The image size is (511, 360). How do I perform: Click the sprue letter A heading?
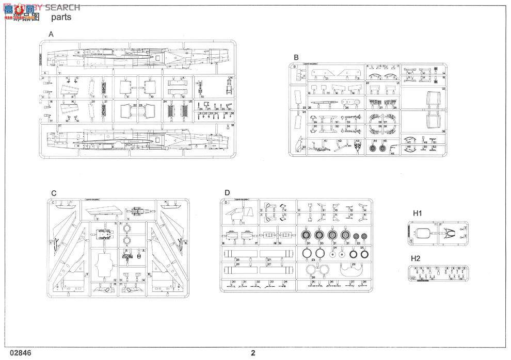point(51,34)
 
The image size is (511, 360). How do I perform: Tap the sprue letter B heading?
point(296,57)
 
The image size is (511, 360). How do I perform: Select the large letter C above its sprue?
point(54,193)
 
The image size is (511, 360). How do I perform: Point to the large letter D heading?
point(227,193)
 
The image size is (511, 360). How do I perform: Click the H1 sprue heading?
point(417,213)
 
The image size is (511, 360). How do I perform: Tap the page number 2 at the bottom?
point(253,353)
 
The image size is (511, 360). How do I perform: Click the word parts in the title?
point(61,17)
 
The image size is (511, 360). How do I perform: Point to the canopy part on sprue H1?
point(425,232)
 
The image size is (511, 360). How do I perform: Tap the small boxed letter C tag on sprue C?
point(53,202)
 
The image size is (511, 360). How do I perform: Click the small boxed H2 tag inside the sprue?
point(413,278)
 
